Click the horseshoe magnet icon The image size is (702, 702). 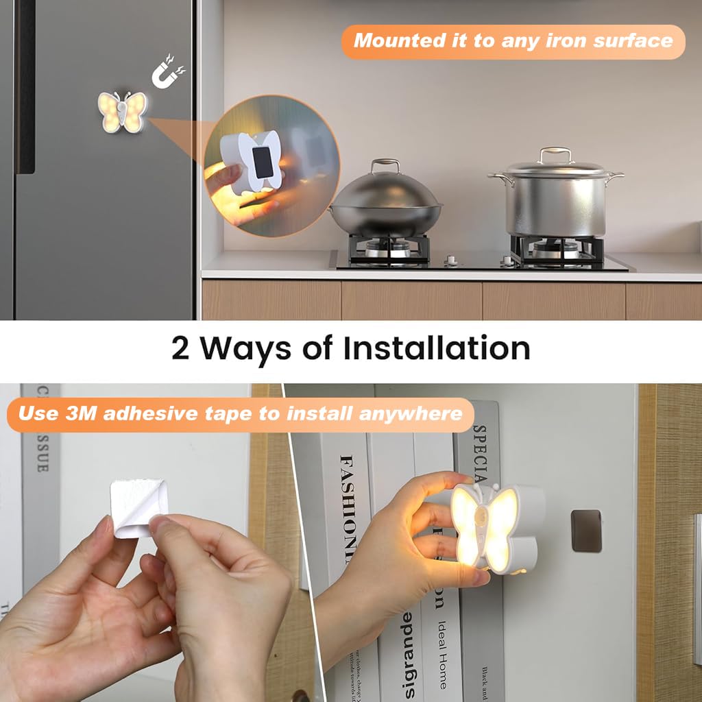tap(167, 75)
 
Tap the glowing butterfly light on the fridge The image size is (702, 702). tap(122, 112)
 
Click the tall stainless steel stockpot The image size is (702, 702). tap(557, 199)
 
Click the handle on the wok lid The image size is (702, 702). tap(385, 166)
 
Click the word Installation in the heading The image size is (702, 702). tap(437, 348)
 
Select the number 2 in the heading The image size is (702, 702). tap(180, 348)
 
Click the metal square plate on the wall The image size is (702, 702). tap(586, 531)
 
